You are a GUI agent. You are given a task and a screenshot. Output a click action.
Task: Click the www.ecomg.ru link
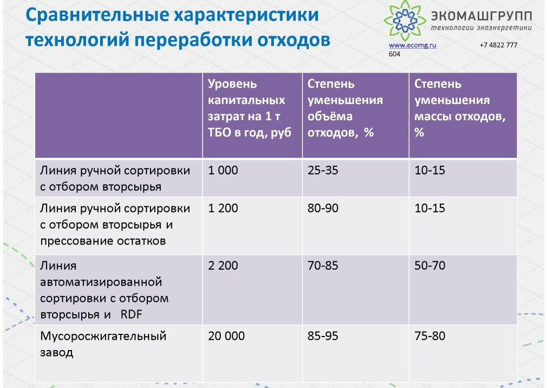tap(412, 45)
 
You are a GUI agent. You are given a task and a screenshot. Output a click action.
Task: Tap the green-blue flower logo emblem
tap(405, 20)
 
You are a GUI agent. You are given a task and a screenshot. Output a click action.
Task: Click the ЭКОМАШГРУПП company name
tap(481, 16)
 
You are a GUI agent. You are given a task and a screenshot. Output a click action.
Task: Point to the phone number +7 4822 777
tap(498, 45)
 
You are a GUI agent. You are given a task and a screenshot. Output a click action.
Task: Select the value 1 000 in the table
tap(223, 170)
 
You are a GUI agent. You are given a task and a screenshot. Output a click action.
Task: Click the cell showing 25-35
tap(323, 170)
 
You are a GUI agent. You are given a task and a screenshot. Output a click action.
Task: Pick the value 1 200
tap(223, 208)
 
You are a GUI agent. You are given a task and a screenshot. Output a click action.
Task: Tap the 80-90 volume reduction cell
tap(323, 208)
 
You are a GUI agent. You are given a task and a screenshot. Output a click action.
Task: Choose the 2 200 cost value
tap(223, 266)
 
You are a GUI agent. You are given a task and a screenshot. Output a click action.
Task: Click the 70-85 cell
tap(323, 266)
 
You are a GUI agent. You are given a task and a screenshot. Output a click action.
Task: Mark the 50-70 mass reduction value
tap(430, 266)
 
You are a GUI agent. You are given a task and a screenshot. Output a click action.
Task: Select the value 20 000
tap(226, 336)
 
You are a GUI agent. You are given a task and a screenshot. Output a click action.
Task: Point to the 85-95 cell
tap(323, 336)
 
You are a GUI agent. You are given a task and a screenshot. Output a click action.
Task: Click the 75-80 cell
tap(430, 336)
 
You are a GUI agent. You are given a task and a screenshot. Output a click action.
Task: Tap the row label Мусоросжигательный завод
tap(103, 344)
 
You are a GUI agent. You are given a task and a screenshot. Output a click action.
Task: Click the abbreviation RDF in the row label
tap(131, 314)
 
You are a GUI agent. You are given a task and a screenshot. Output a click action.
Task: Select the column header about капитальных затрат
tap(250, 108)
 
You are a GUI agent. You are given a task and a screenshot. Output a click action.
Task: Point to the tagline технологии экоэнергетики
tap(481, 28)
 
